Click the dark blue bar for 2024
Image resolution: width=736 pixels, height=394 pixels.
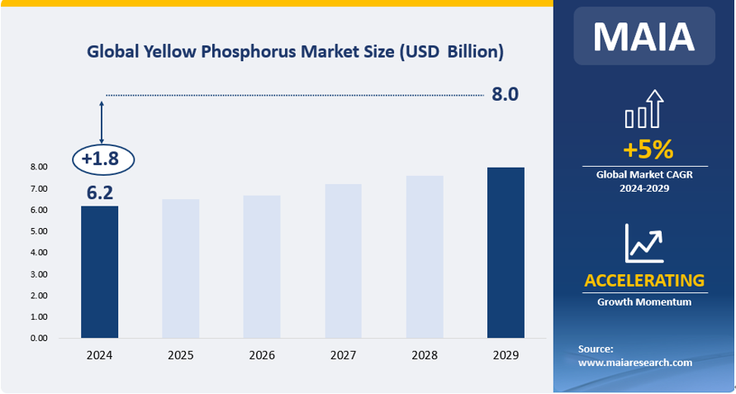(99, 272)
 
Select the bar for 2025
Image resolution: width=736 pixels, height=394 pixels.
(180, 268)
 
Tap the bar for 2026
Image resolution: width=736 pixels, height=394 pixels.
(262, 267)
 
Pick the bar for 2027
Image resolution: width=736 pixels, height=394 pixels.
(343, 261)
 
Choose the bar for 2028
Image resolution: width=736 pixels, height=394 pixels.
(425, 257)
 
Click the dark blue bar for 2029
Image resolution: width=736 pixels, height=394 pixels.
(506, 253)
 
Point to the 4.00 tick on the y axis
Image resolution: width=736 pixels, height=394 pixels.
(39, 253)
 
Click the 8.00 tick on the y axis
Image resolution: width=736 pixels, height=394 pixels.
(39, 167)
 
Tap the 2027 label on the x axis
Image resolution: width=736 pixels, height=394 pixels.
(343, 355)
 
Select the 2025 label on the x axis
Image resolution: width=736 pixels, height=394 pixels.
(180, 355)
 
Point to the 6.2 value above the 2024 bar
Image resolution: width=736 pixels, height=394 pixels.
(100, 193)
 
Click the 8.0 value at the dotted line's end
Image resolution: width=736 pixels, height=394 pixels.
(505, 94)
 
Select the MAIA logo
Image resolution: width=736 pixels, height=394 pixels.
(644, 36)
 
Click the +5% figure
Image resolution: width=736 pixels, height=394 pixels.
(648, 150)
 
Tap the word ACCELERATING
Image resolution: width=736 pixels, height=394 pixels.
(644, 281)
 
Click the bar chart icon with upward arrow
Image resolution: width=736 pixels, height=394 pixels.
(644, 109)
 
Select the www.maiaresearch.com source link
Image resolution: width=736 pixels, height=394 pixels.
(635, 363)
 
